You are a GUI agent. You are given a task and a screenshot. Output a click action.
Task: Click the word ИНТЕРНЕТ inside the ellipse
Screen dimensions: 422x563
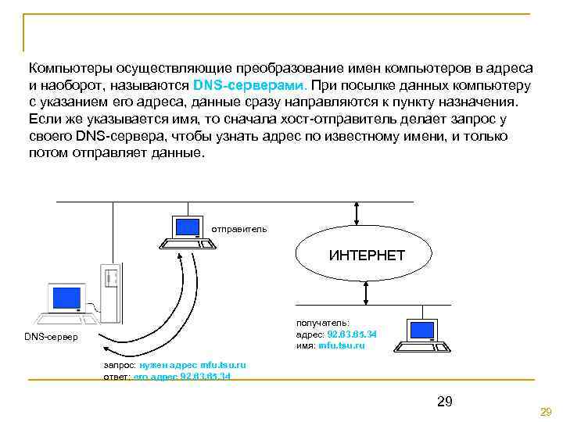(x=367, y=256)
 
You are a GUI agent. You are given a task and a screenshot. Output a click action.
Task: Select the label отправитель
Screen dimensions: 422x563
(x=239, y=229)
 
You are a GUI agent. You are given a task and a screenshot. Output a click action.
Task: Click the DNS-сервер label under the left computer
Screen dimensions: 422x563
(x=52, y=337)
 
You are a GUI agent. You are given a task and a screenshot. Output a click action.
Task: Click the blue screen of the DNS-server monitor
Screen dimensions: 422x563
(x=66, y=298)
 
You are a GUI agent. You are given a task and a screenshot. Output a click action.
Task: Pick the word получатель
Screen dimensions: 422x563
(x=322, y=322)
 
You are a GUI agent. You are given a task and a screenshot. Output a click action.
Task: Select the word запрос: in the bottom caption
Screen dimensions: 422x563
(x=120, y=365)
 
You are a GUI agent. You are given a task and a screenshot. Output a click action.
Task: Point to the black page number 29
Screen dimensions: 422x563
(x=444, y=402)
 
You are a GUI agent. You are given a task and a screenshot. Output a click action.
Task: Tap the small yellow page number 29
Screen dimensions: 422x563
(x=546, y=412)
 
